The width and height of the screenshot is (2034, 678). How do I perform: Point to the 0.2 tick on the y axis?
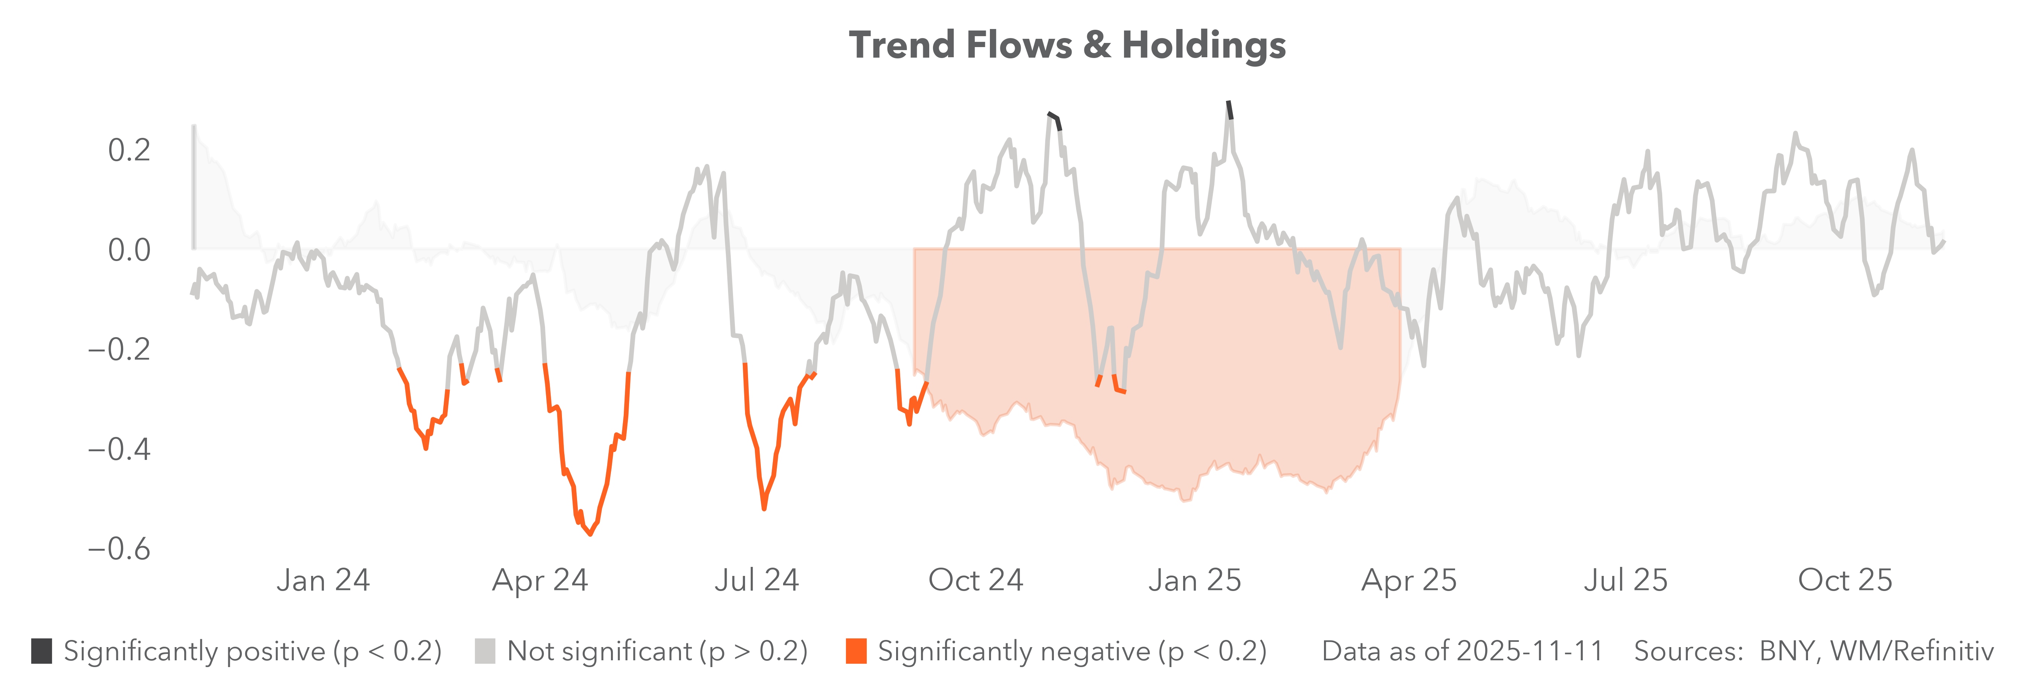pyautogui.click(x=129, y=150)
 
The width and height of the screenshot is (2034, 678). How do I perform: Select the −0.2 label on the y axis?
pyautogui.click(x=118, y=349)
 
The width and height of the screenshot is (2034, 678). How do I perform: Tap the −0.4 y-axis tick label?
pyautogui.click(x=118, y=449)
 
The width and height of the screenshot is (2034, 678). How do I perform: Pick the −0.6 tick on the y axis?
pyautogui.click(x=118, y=548)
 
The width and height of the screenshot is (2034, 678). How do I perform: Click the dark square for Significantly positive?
pyautogui.click(x=42, y=651)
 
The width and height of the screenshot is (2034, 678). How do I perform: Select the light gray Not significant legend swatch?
pyautogui.click(x=485, y=651)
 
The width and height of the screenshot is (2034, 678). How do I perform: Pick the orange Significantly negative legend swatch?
pyautogui.click(x=856, y=651)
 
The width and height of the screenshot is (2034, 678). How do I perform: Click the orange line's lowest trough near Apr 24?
pyautogui.click(x=590, y=534)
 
